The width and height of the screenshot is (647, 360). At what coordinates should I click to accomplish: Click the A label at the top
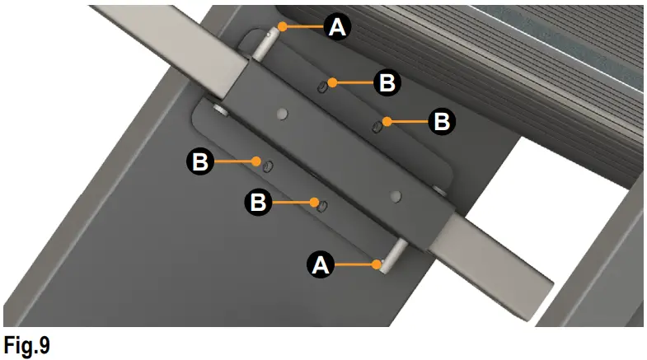337,27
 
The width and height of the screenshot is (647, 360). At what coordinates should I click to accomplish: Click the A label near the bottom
320,264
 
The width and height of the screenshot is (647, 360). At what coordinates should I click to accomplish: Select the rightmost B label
441,122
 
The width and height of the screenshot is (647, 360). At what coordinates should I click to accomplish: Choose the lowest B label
260,200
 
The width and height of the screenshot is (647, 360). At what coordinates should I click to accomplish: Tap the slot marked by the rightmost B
376,126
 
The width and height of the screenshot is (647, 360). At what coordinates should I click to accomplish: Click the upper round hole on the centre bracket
283,112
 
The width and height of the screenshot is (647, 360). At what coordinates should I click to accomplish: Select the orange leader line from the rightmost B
405,122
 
